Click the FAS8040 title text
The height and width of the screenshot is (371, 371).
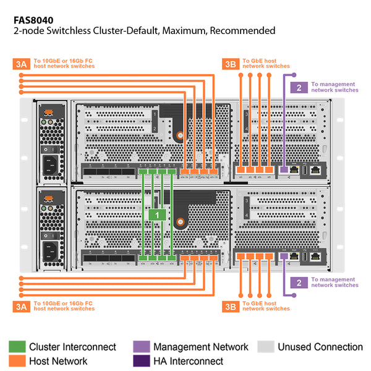[38, 20]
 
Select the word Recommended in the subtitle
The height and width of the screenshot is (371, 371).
[242, 30]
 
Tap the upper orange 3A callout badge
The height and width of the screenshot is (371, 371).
[20, 63]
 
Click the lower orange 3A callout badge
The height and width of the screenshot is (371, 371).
[20, 305]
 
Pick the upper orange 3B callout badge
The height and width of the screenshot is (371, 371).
[230, 63]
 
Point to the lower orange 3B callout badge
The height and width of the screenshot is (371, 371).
[230, 305]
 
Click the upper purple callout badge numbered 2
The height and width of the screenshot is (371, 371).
[299, 87]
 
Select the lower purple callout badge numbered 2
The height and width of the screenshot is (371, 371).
[299, 282]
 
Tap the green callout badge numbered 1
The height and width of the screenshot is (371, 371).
[157, 215]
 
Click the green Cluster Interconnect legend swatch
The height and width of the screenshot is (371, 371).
[17, 347]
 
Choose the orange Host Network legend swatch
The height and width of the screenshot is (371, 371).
[17, 360]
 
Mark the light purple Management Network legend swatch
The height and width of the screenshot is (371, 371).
[142, 347]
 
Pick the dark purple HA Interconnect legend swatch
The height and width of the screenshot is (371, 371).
[142, 360]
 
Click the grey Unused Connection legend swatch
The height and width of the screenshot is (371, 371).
[266, 347]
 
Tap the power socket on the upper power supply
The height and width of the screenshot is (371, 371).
[51, 165]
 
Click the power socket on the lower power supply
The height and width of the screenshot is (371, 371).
[51, 253]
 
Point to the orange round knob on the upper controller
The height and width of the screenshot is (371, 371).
[179, 135]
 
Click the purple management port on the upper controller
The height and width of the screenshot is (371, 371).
[284, 169]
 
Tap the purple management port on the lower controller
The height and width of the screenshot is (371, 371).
[284, 255]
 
